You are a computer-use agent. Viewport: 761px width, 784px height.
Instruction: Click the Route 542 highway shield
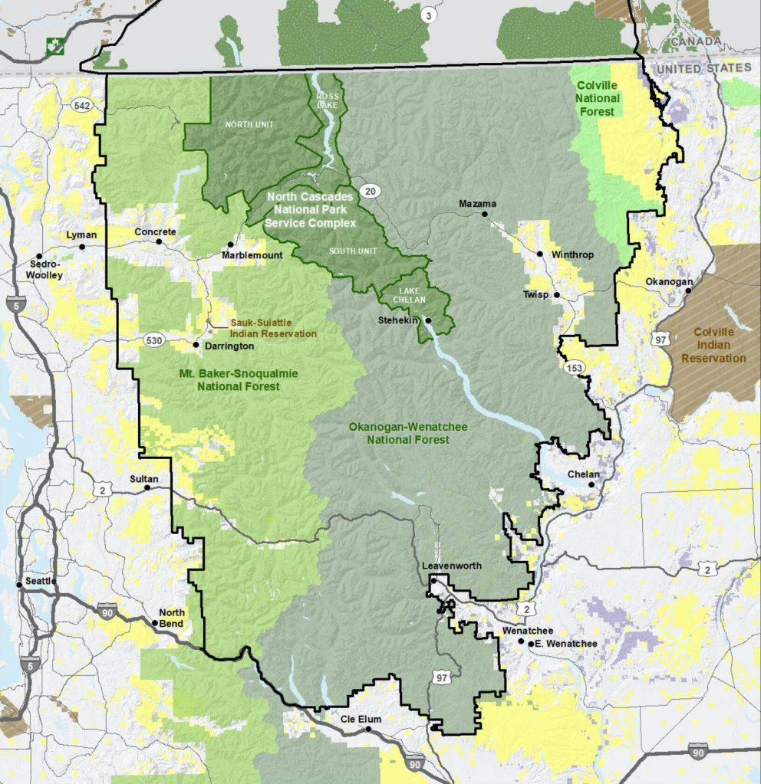(x=82, y=105)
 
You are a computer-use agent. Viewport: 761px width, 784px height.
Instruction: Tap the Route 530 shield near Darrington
(x=152, y=339)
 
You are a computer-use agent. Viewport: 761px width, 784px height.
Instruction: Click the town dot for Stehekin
(x=428, y=320)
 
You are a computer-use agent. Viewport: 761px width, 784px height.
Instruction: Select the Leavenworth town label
(x=452, y=566)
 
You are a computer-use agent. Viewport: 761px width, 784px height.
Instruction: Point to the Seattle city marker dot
(x=19, y=586)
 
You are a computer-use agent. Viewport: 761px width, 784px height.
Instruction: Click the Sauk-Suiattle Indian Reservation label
(x=273, y=328)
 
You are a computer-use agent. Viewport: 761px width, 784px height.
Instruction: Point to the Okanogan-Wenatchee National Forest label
(x=407, y=433)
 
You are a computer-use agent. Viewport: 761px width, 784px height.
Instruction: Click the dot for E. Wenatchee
(x=531, y=643)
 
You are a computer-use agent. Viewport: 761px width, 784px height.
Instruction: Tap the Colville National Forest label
(x=598, y=98)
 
